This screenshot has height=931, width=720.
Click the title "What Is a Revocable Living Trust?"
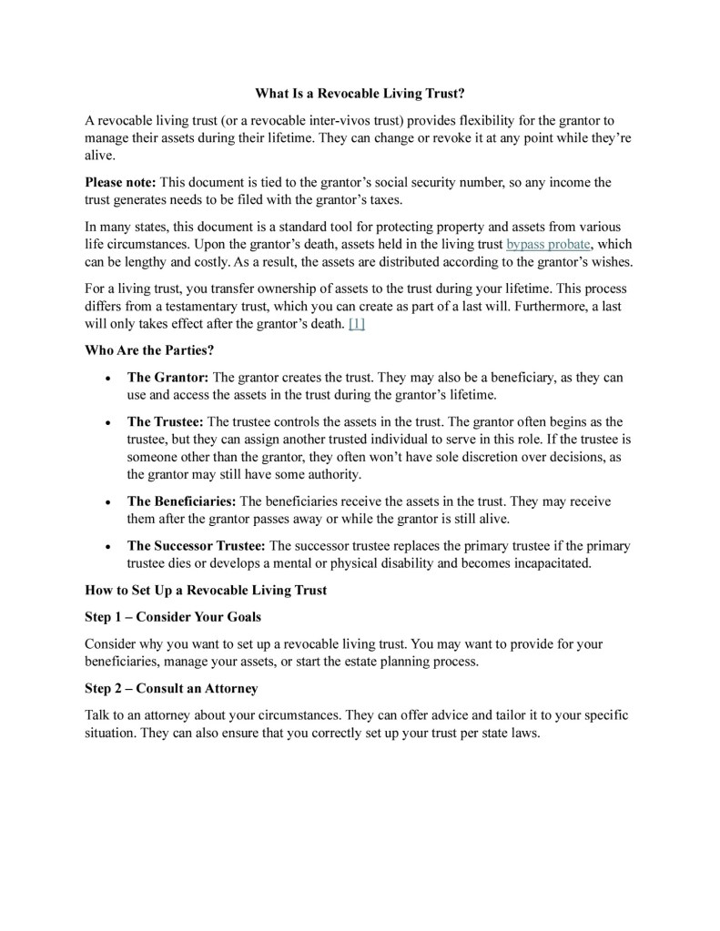(x=360, y=93)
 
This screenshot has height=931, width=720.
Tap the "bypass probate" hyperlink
(x=549, y=245)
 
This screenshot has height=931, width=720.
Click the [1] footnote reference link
(x=356, y=323)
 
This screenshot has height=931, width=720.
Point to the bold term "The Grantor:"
(x=168, y=377)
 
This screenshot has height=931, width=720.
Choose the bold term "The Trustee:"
(x=167, y=421)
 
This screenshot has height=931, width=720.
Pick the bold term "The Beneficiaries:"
(x=181, y=501)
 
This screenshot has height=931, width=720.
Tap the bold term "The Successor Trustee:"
(x=196, y=546)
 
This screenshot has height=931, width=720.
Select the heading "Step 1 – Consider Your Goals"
(x=173, y=617)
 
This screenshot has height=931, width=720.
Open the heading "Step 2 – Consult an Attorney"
(x=171, y=688)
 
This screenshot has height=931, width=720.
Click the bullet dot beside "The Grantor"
(x=109, y=378)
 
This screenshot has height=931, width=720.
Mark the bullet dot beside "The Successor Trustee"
(x=109, y=547)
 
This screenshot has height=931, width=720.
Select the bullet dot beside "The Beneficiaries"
(x=109, y=502)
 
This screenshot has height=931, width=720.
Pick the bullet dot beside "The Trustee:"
(x=109, y=422)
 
